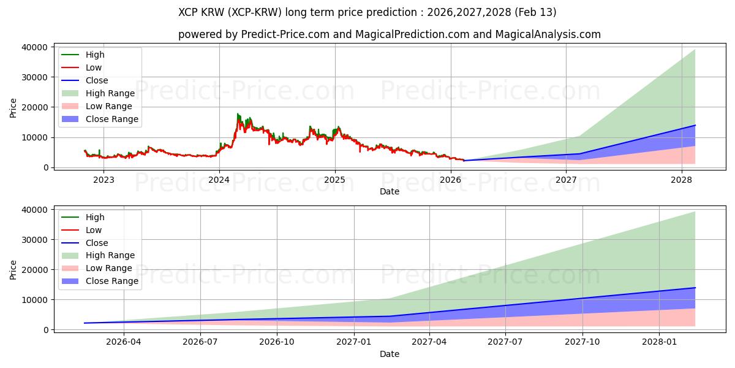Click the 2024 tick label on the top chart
(219, 180)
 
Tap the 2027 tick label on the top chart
(567, 180)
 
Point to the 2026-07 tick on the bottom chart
(200, 342)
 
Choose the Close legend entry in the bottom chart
(97, 243)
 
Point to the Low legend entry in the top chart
(94, 67)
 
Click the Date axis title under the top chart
(389, 191)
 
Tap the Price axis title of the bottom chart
(13, 270)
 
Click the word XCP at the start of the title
(189, 12)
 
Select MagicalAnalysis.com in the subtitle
(549, 34)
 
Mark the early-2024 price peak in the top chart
(238, 114)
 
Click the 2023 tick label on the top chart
(103, 180)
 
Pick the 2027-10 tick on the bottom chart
(582, 342)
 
